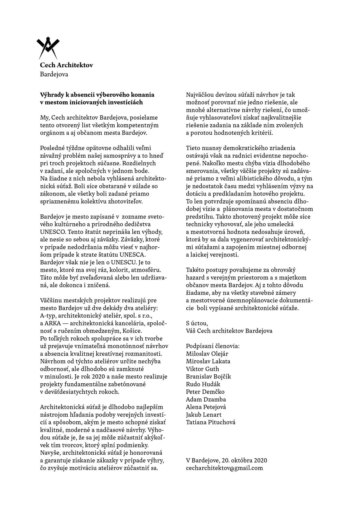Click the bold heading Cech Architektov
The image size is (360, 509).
(x=66, y=65)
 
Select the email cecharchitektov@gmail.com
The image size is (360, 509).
(x=224, y=468)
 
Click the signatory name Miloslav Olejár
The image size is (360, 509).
(x=207, y=354)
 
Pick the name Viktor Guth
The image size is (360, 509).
(x=202, y=369)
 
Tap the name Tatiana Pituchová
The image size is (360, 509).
(x=210, y=422)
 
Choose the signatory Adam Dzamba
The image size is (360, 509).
(x=206, y=399)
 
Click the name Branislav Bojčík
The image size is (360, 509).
(x=208, y=377)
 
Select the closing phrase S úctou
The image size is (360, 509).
(x=197, y=323)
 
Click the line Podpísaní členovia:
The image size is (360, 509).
(x=213, y=346)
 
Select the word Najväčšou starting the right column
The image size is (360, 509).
(x=200, y=95)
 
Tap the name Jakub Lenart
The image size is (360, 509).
(x=204, y=415)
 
